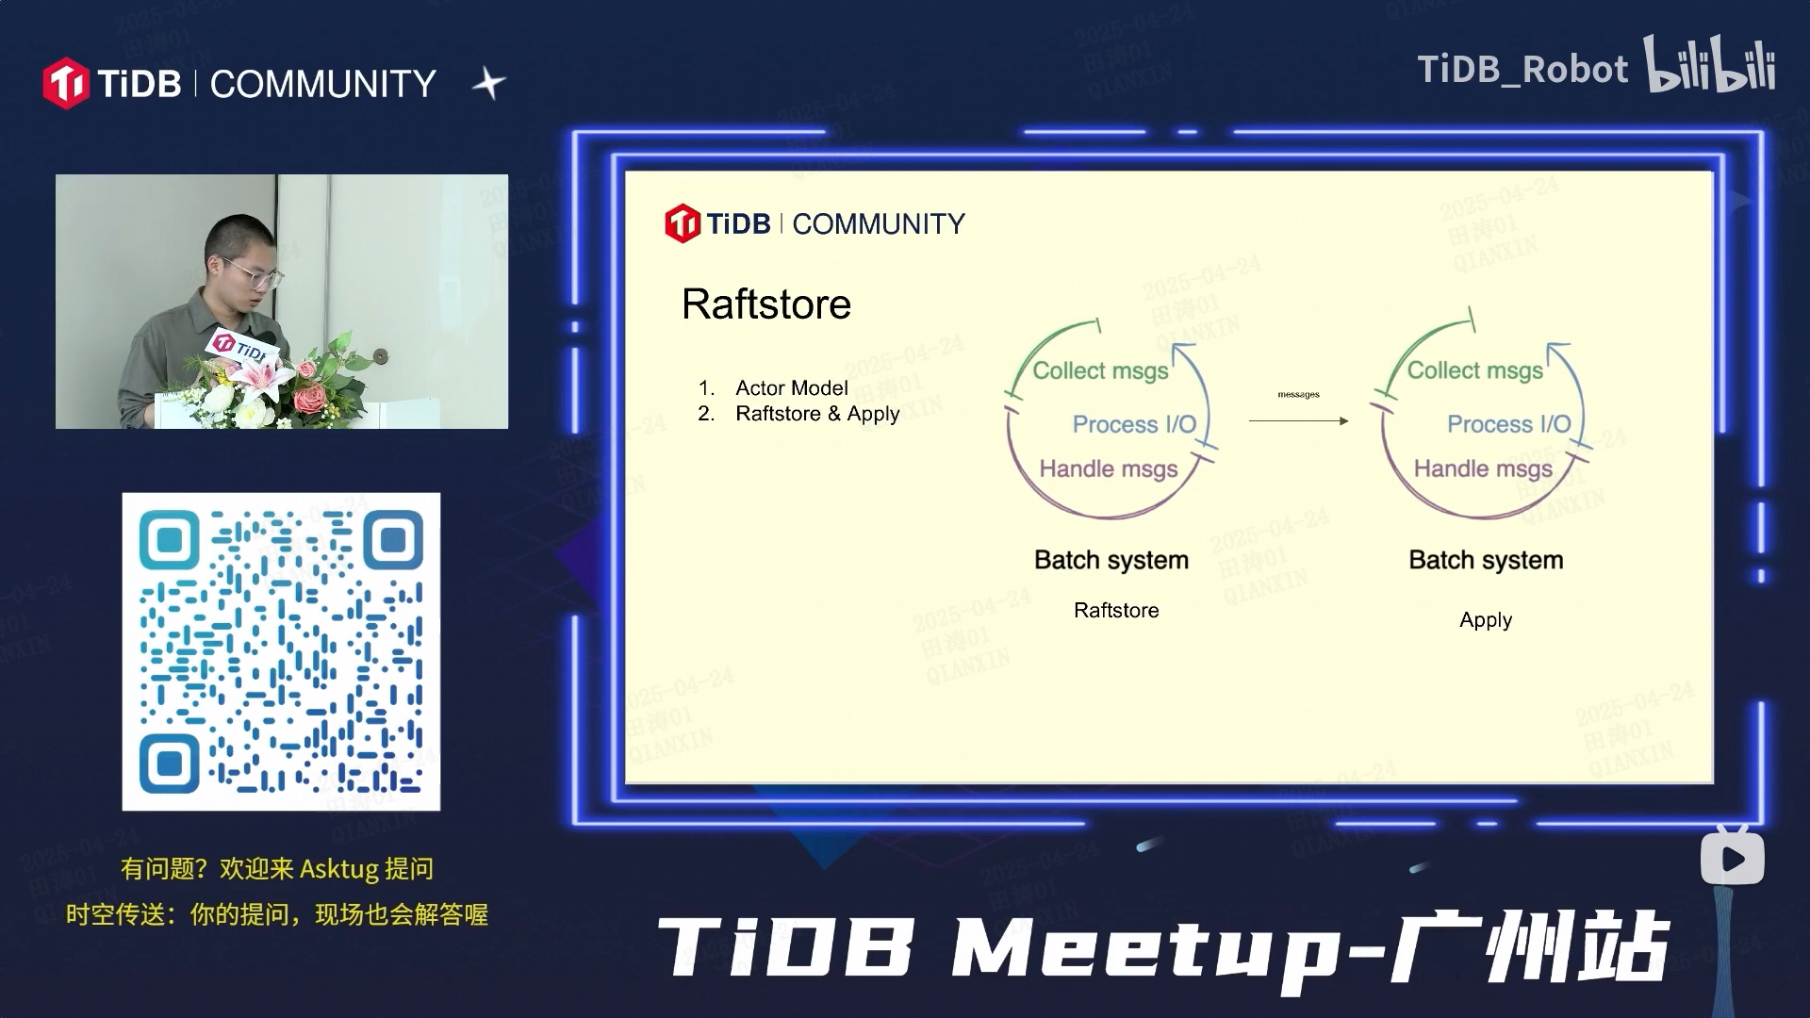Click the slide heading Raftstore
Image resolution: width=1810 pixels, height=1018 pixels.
[x=765, y=304]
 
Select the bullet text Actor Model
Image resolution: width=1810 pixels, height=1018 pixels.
[x=791, y=388]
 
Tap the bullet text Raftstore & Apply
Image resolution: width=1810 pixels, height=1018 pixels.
[x=817, y=414]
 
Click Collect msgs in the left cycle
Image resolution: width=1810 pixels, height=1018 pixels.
[x=1100, y=370]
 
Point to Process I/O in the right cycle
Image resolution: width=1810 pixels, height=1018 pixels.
[x=1508, y=424]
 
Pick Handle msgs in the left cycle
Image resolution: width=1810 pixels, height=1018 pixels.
[x=1109, y=468]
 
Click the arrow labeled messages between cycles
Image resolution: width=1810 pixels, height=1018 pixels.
[x=1298, y=420]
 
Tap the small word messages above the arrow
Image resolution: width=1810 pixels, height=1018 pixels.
[x=1298, y=395]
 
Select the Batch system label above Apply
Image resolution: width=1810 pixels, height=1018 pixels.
[x=1486, y=560]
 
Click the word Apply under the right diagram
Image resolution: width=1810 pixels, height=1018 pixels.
[x=1486, y=620]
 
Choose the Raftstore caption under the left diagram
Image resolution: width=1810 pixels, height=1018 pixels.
[x=1116, y=611]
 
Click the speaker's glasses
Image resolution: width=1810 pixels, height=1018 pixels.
[x=253, y=275]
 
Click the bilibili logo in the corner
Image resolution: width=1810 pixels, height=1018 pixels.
[x=1710, y=66]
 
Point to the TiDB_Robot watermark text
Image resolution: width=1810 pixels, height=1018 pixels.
[x=1522, y=70]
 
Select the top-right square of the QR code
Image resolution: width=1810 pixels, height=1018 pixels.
[x=392, y=541]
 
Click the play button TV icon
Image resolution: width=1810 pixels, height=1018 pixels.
[x=1732, y=858]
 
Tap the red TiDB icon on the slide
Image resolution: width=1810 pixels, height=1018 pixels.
[x=682, y=224]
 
